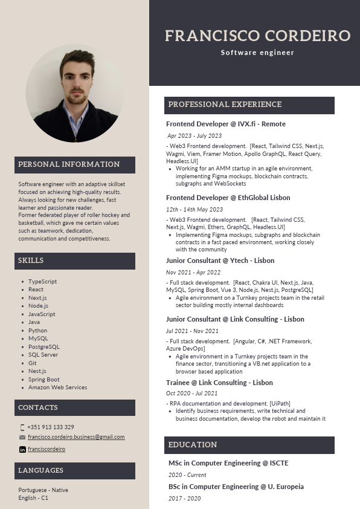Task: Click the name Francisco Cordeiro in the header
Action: [x=257, y=36]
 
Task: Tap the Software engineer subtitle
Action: [x=257, y=53]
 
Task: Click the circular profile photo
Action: [x=75, y=93]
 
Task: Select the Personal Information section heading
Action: [x=69, y=164]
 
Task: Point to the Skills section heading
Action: [x=31, y=261]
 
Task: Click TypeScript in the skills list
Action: [x=42, y=282]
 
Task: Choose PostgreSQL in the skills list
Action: [x=44, y=347]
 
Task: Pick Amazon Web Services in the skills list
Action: [x=57, y=387]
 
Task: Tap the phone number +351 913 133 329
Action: [x=51, y=427]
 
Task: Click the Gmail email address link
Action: [x=76, y=437]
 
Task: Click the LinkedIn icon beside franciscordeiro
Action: [x=23, y=450]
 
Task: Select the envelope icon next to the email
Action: [x=22, y=437]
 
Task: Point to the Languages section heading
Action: [x=40, y=470]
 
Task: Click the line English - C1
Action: [x=33, y=498]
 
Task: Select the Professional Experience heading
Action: [x=225, y=105]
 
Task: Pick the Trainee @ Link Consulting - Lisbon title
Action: [x=219, y=383]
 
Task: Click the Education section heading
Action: [x=192, y=445]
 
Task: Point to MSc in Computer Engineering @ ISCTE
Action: [x=228, y=463]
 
